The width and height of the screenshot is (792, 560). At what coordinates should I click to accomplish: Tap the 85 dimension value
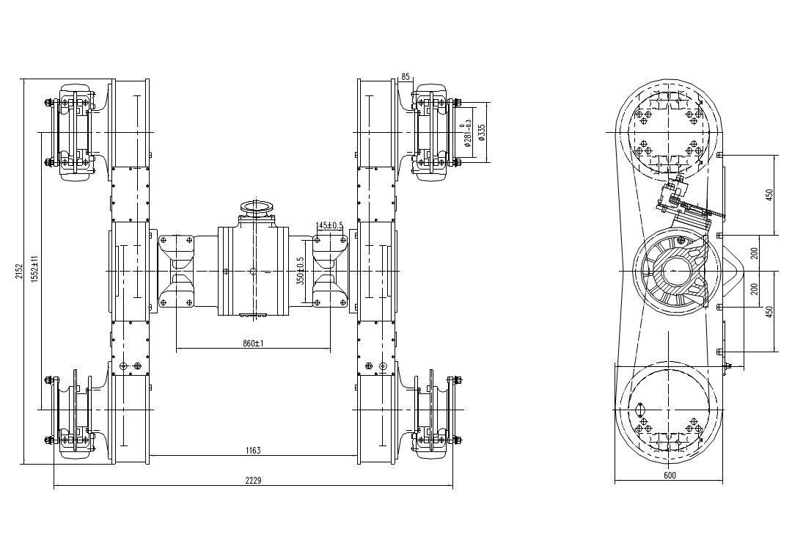pyautogui.click(x=405, y=77)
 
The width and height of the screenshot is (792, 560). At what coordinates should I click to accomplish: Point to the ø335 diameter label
pyautogui.click(x=482, y=132)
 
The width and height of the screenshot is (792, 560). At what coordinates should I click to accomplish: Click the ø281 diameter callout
pyautogui.click(x=467, y=133)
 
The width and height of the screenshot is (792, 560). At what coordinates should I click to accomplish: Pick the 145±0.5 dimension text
pyautogui.click(x=329, y=225)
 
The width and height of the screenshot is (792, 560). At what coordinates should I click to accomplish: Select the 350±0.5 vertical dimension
pyautogui.click(x=300, y=271)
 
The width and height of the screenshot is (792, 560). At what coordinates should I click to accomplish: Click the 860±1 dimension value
pyautogui.click(x=253, y=343)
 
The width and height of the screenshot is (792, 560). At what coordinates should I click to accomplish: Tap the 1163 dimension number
pyautogui.click(x=253, y=451)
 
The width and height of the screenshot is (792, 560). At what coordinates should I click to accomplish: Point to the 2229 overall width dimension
pyautogui.click(x=253, y=480)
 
